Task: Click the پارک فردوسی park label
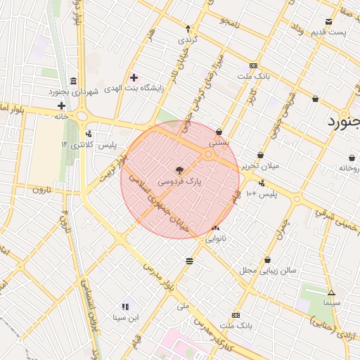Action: tap(179, 181)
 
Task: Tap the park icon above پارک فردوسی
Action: tap(179, 170)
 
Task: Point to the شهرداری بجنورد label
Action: tap(76, 91)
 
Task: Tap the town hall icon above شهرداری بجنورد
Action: tap(75, 80)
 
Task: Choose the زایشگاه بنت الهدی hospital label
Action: tap(134, 89)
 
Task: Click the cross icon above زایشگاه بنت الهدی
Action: tap(134, 77)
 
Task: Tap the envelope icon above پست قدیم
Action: tap(329, 22)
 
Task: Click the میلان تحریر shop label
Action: tap(260, 166)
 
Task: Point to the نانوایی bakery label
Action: tap(215, 238)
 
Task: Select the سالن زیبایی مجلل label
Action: tap(268, 270)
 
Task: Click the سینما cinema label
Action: tap(332, 302)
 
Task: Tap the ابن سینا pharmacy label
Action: tap(126, 317)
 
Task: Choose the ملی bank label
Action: tap(184, 306)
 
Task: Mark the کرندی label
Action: tap(188, 39)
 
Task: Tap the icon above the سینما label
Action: tap(332, 292)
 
